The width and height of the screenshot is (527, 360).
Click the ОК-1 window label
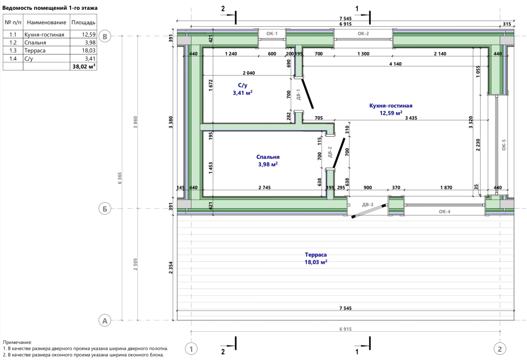click(x=272, y=33)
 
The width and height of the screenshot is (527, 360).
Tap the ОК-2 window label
click(x=363, y=33)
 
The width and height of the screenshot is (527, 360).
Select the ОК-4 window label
click(x=444, y=211)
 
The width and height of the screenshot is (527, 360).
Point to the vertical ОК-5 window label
click(x=503, y=145)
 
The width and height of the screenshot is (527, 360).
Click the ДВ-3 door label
click(x=367, y=205)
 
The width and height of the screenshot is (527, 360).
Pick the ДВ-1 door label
click(x=298, y=94)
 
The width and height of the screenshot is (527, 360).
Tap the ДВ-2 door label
click(x=330, y=152)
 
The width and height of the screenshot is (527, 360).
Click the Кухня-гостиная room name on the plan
click(x=391, y=105)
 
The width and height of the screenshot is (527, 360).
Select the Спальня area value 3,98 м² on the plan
click(x=268, y=164)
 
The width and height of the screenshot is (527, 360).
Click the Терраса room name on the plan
click(x=316, y=255)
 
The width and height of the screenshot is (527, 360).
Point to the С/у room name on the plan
click(x=242, y=86)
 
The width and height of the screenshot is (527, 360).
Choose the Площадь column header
click(x=83, y=23)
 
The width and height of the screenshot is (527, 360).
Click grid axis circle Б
click(x=105, y=209)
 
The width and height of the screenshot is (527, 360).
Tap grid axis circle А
click(x=105, y=321)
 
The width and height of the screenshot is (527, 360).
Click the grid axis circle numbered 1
click(x=191, y=349)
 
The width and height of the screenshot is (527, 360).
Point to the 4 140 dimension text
click(x=395, y=64)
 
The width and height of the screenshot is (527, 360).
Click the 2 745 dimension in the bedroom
click(x=265, y=187)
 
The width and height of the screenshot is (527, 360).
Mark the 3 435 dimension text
click(x=411, y=118)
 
